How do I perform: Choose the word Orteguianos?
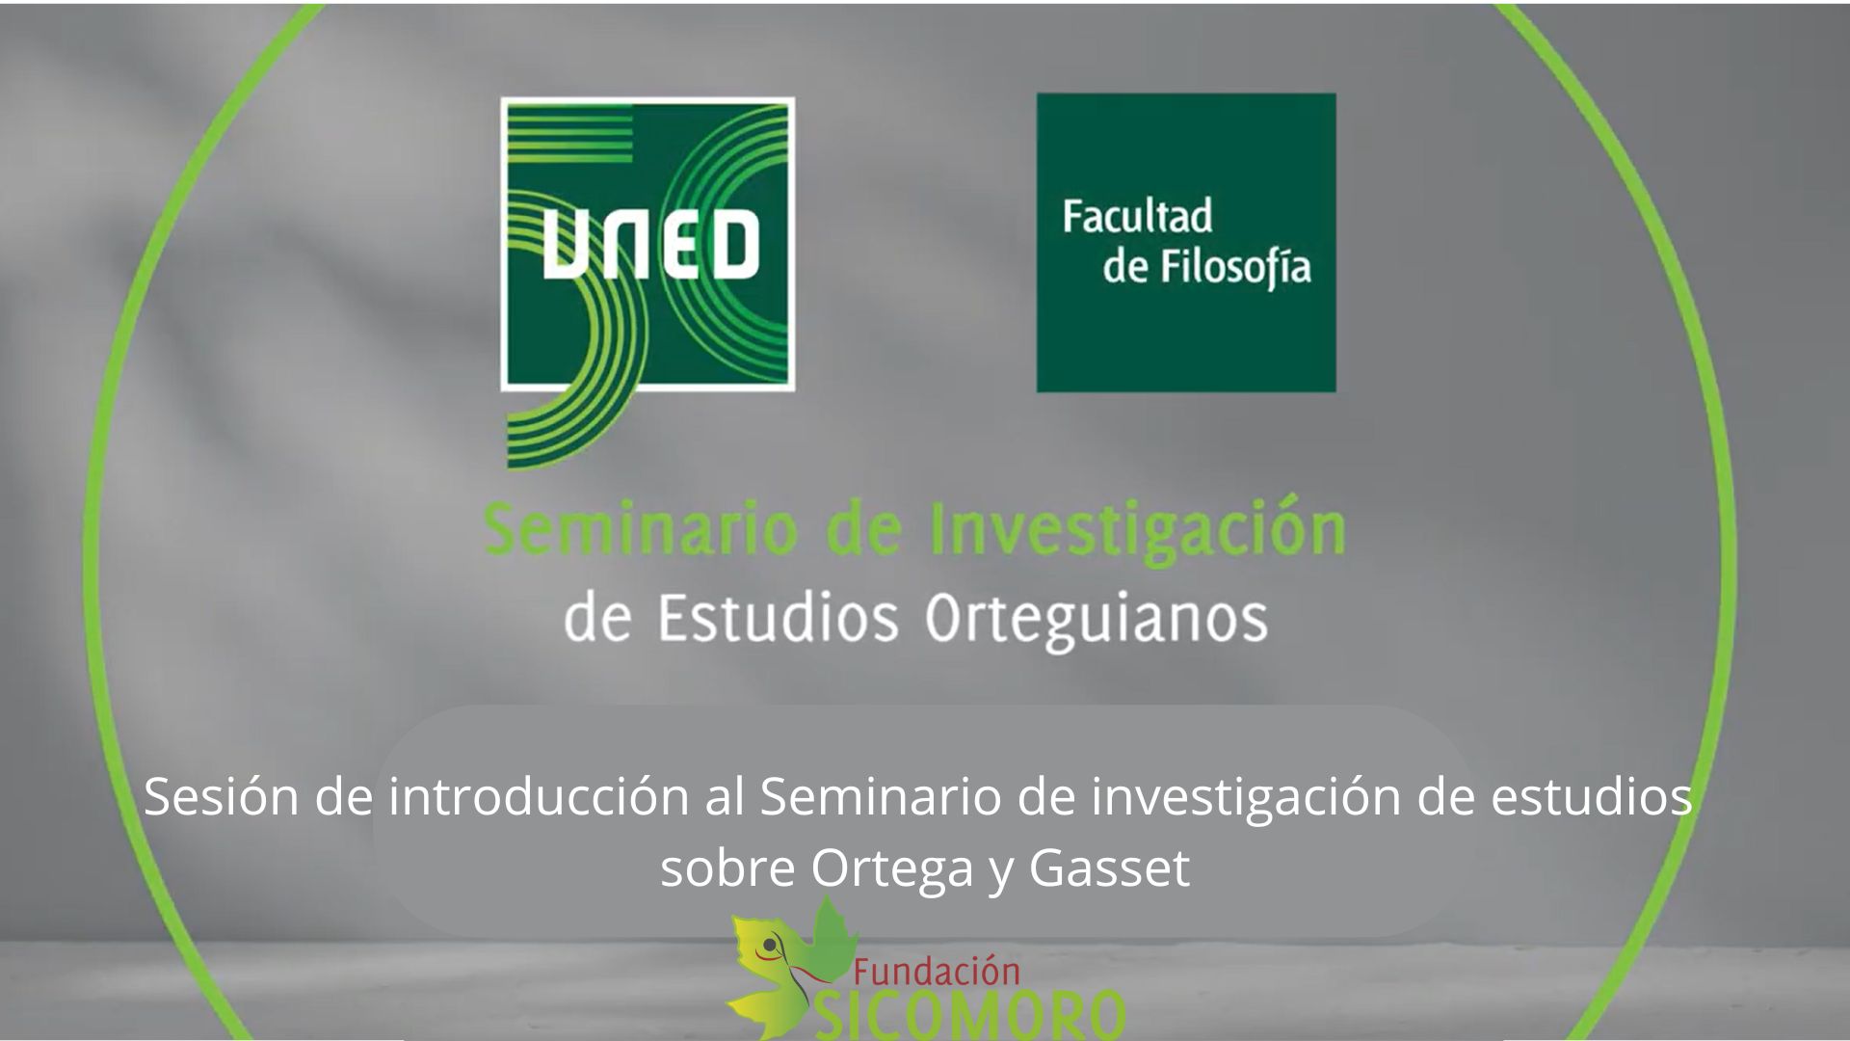coord(1096,620)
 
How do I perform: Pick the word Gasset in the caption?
coord(1109,868)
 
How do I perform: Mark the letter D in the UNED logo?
coord(734,246)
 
